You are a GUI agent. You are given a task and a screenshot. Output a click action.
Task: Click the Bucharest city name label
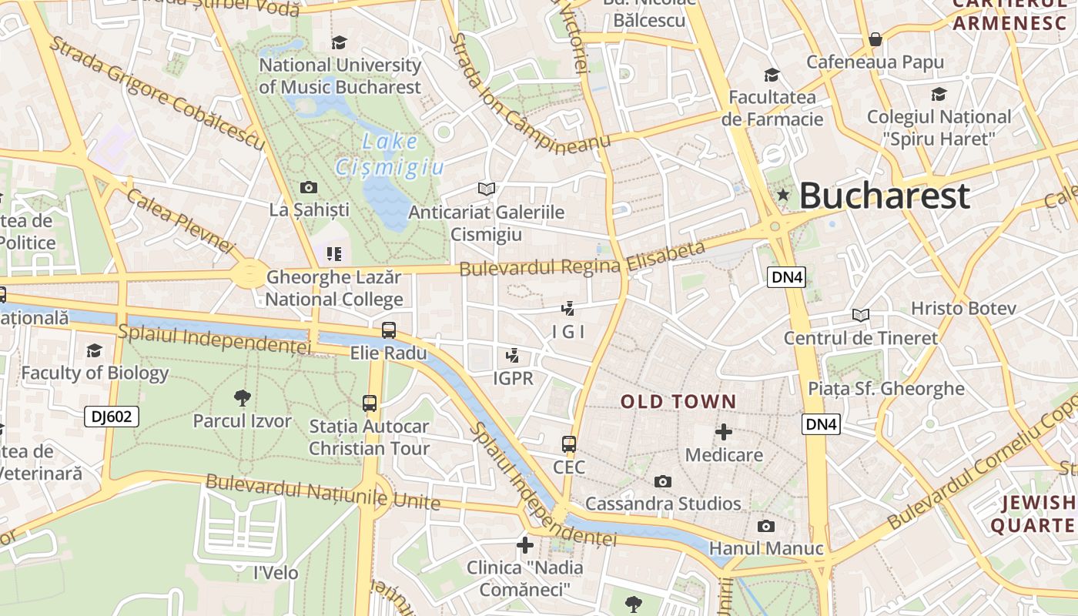tap(884, 196)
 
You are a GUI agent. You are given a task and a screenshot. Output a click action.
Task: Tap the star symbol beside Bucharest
tap(783, 195)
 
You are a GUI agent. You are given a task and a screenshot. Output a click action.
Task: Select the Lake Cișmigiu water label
tap(390, 154)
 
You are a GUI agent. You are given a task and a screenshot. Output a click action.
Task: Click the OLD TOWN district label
tap(678, 401)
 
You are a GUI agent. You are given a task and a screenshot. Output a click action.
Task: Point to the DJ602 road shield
tap(112, 417)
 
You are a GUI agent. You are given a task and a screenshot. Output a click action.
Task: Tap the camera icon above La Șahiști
tap(309, 187)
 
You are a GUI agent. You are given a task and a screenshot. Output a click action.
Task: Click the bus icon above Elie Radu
tap(389, 330)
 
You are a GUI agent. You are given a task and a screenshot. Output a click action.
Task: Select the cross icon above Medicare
tap(724, 432)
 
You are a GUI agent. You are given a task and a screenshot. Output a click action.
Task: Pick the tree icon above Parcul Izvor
tap(242, 398)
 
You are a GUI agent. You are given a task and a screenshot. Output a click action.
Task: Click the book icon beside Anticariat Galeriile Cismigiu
tap(486, 189)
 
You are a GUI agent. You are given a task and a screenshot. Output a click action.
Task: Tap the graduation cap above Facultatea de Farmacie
tap(772, 75)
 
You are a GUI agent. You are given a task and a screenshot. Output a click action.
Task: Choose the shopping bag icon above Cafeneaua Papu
tap(875, 38)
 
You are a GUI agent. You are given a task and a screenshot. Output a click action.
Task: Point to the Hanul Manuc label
tap(766, 548)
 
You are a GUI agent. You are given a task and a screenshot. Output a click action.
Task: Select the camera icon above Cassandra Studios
tap(662, 481)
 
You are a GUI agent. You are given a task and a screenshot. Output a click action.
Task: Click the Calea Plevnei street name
tap(180, 220)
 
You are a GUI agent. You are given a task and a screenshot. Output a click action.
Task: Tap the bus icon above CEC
tap(569, 444)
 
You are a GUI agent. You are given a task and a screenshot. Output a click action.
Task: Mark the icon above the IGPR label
tap(512, 356)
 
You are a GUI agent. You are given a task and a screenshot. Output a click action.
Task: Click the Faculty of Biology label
tap(95, 373)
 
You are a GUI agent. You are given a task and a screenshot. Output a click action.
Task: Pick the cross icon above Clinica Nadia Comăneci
tap(525, 545)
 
